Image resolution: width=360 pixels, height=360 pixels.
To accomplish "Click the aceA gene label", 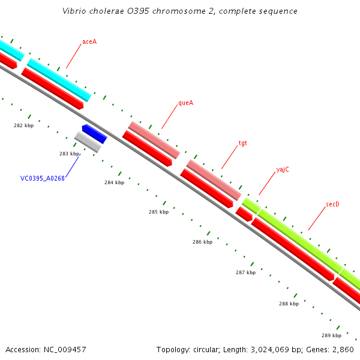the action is (x=89, y=42).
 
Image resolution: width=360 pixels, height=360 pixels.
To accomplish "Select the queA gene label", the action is (x=185, y=103).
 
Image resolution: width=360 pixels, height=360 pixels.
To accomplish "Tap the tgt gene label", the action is (x=242, y=143).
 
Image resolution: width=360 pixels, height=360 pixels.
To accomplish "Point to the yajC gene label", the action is (x=283, y=169).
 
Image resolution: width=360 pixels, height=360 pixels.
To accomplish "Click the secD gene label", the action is (x=332, y=205).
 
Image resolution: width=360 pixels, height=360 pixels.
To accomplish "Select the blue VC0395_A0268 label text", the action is (x=42, y=178).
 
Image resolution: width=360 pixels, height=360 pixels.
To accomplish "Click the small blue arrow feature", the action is (x=94, y=134).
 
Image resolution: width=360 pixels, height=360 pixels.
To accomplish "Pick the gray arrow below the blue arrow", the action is (x=88, y=142).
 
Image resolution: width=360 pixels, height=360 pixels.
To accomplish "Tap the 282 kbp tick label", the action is (x=23, y=125).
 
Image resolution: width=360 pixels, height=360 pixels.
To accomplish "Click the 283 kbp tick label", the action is (x=69, y=154).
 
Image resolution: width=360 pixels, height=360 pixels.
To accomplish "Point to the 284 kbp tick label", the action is (x=114, y=182).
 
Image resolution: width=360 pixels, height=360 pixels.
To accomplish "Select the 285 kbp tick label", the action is (x=158, y=212).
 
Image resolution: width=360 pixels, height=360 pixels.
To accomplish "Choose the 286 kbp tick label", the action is (x=202, y=242).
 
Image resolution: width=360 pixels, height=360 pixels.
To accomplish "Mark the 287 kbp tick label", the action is (x=245, y=272).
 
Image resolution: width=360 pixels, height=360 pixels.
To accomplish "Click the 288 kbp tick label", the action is (x=289, y=304).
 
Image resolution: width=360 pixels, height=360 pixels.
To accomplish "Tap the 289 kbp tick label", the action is (x=331, y=335).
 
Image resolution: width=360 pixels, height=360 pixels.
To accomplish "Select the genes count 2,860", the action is (x=345, y=349).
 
